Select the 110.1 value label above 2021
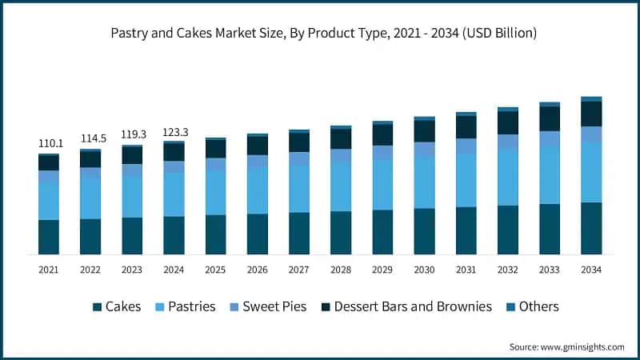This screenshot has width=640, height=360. coord(49,143)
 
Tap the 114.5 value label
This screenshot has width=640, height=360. coord(90,139)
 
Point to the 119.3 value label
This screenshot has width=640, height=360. coord(132,135)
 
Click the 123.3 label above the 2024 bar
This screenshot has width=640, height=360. coord(174,131)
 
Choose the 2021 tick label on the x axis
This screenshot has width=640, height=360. coord(49,270)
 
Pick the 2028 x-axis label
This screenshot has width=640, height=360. coord(341,270)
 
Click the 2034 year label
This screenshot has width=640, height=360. coord(591,270)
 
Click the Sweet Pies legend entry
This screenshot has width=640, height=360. coord(267,306)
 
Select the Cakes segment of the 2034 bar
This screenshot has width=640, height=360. coord(591,228)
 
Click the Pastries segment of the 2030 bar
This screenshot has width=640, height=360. coord(424,182)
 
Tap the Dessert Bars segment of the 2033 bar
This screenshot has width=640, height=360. coord(550,118)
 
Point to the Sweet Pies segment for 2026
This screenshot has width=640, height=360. coord(258,161)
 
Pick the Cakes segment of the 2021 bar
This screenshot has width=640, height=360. coord(49,237)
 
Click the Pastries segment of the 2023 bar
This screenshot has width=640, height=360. coord(132,197)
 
